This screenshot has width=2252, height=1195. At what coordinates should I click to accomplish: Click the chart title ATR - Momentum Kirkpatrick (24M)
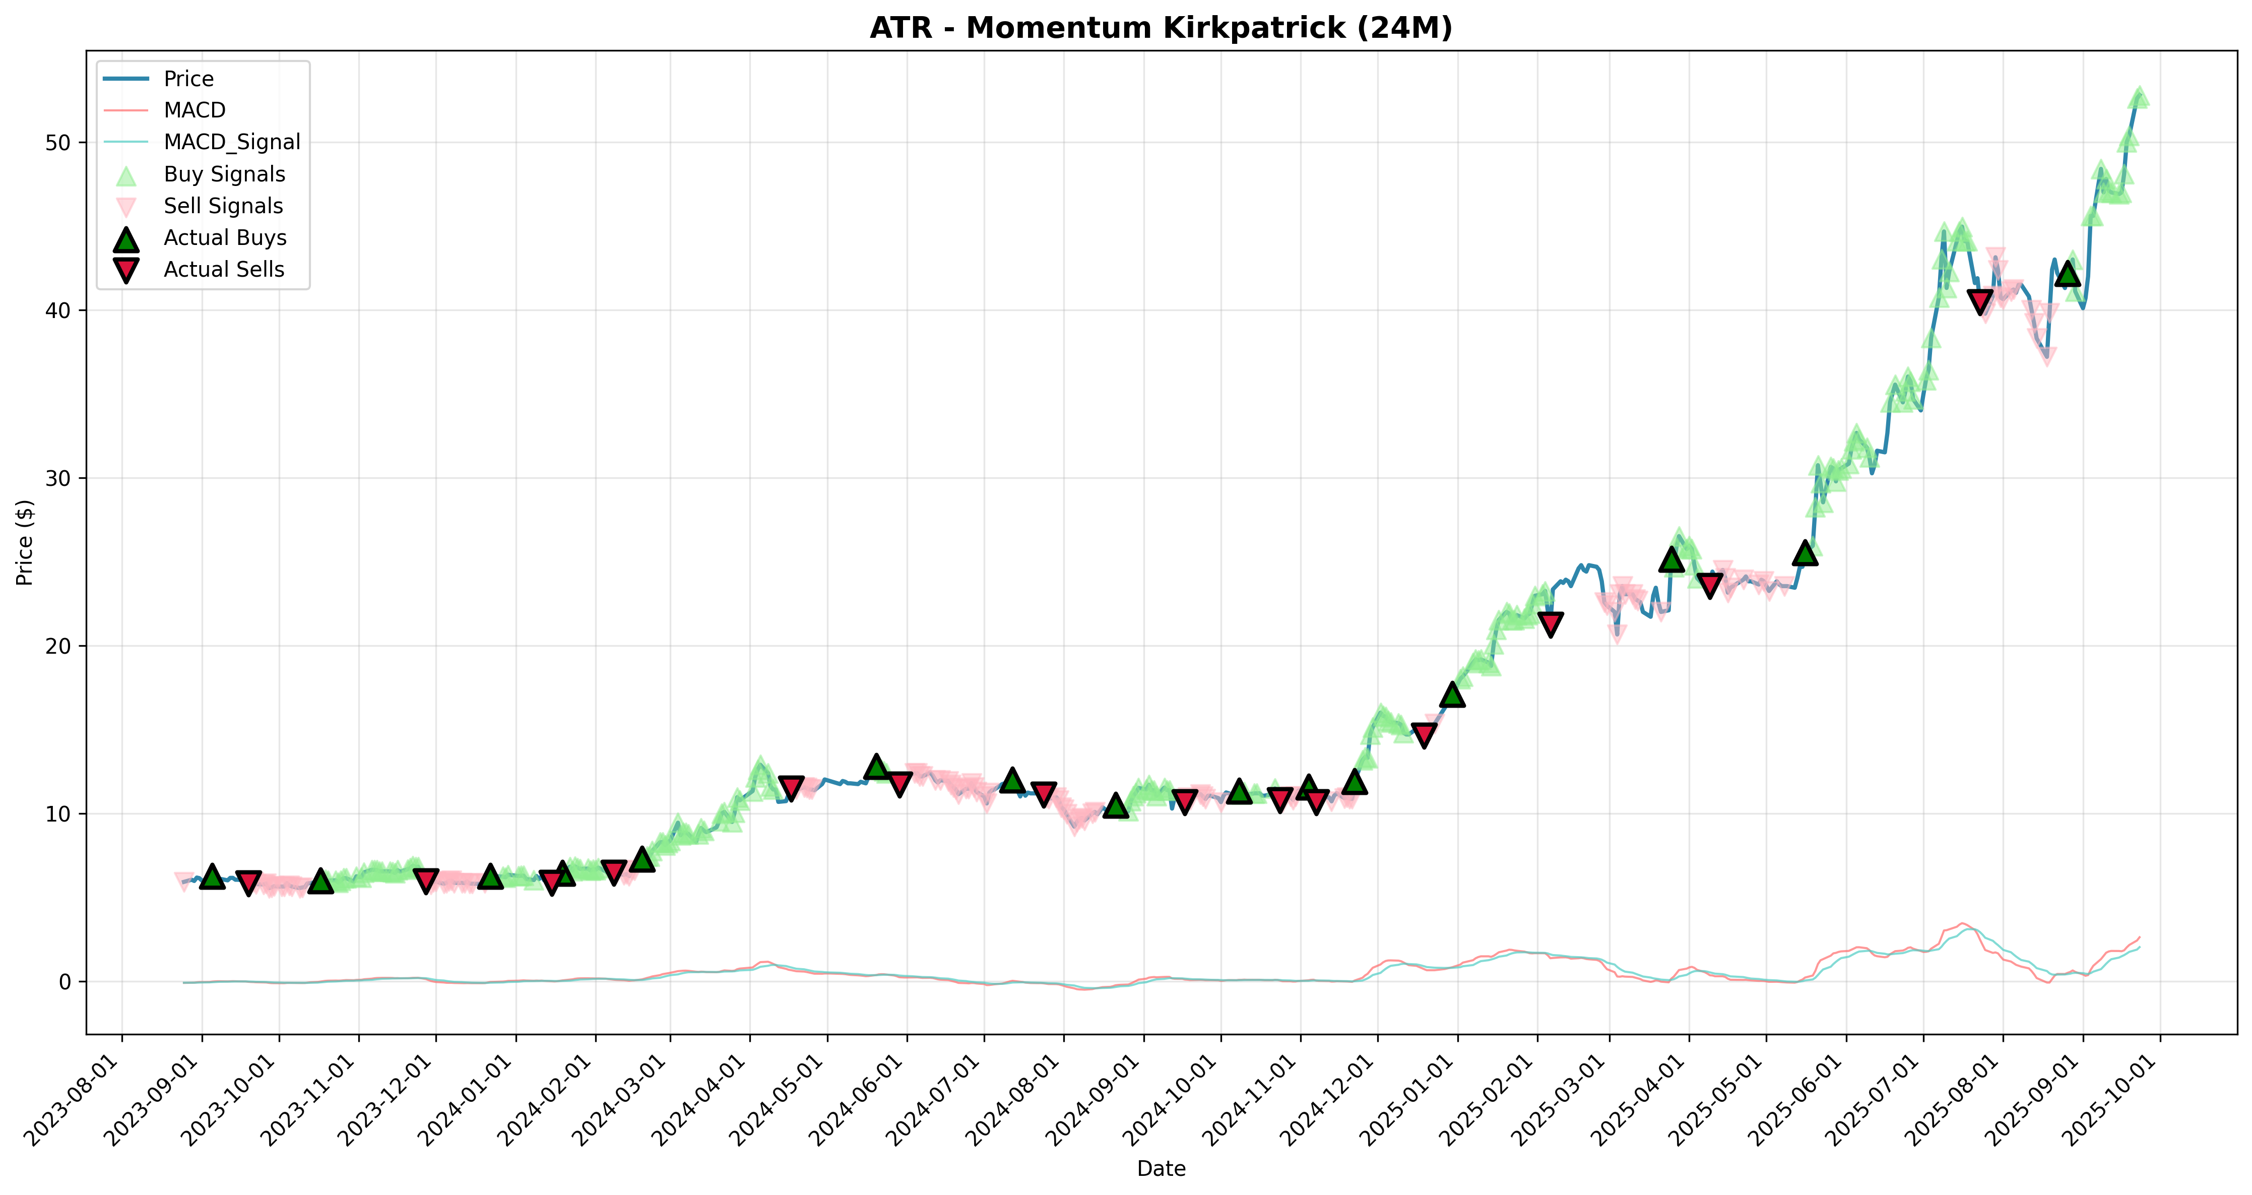[x=1161, y=28]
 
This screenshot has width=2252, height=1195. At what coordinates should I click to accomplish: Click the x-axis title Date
[x=1161, y=1169]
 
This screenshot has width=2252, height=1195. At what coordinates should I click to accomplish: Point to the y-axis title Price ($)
[x=25, y=542]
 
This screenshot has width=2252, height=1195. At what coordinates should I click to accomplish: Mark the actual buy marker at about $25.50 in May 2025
[x=1805, y=552]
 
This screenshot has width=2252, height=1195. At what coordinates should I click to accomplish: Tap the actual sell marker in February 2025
[x=1551, y=624]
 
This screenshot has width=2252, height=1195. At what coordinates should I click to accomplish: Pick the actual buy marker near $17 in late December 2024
[x=1453, y=694]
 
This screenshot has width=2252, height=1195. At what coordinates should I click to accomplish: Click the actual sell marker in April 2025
[x=1710, y=584]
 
